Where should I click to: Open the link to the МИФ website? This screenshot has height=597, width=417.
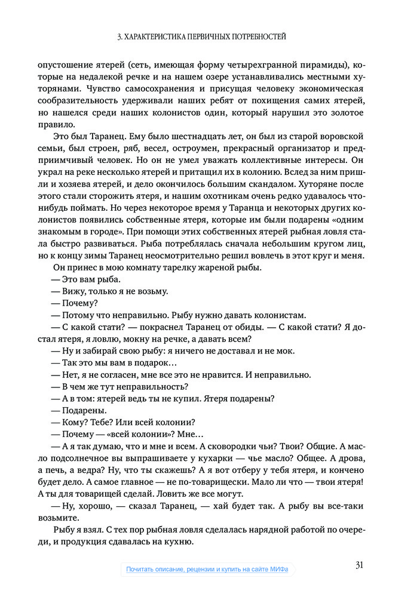pyautogui.click(x=207, y=570)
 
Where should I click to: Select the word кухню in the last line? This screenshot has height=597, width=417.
pyautogui.click(x=176, y=542)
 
